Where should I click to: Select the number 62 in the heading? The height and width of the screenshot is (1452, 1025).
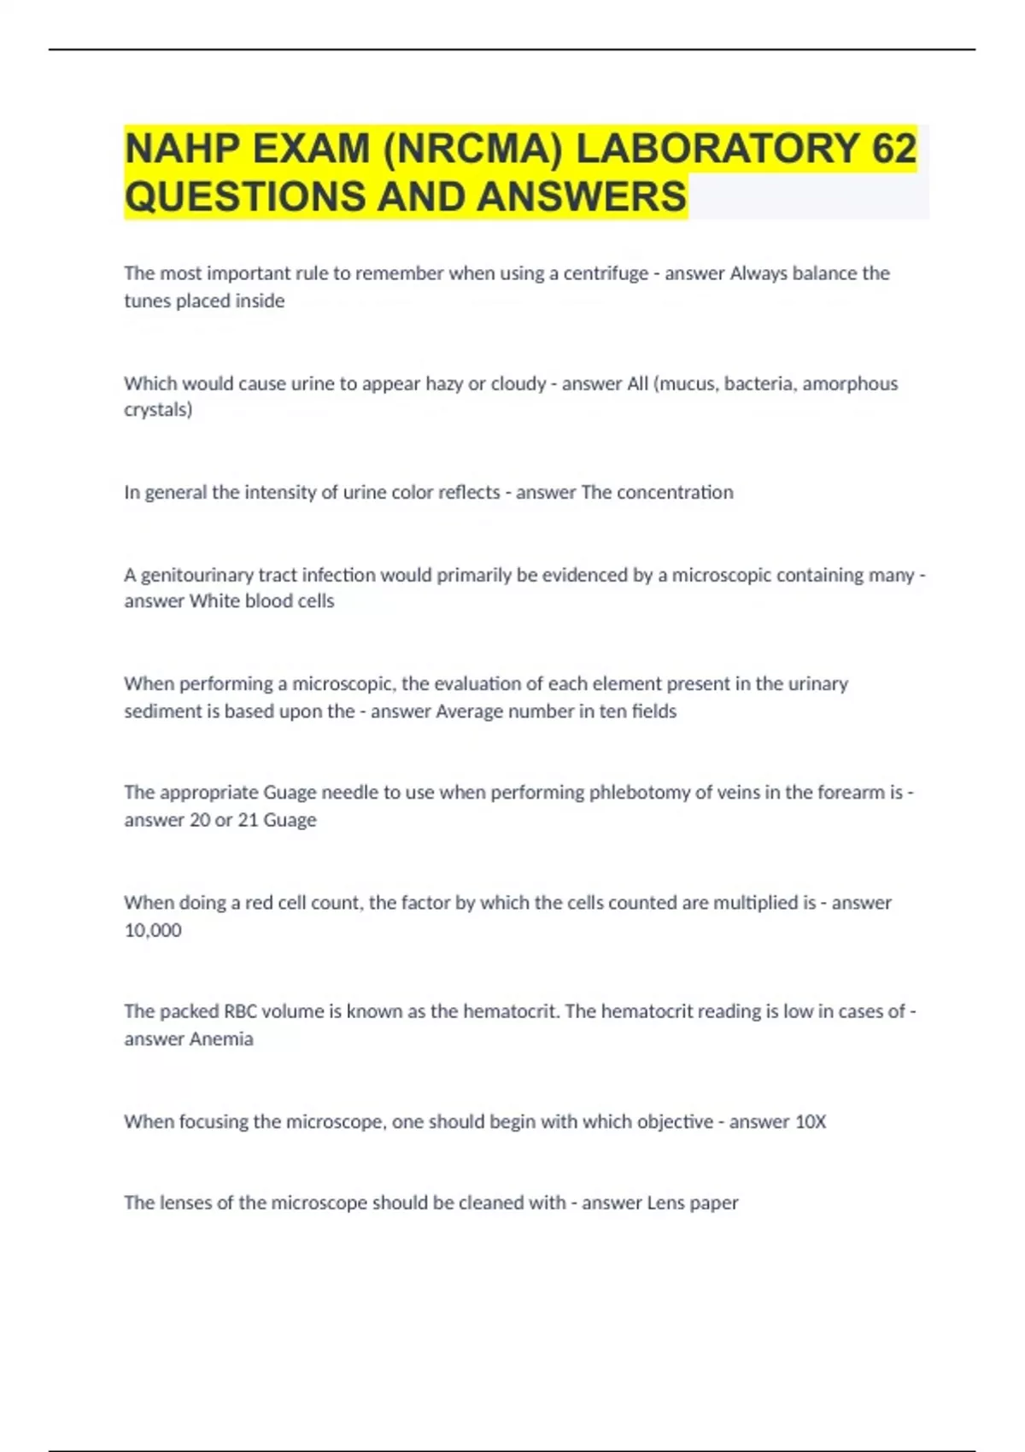tap(894, 149)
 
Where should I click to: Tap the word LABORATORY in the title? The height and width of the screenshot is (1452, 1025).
tap(717, 149)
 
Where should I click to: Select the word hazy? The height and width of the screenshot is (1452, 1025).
tap(444, 383)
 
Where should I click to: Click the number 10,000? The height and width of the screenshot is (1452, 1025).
tap(153, 930)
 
